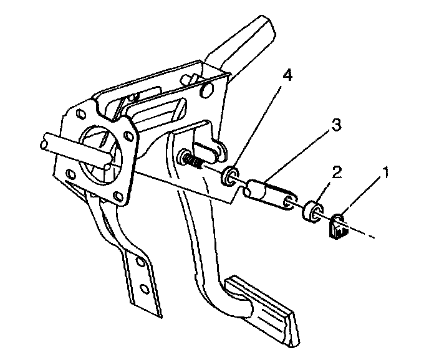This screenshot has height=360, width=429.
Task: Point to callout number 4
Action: tap(269, 77)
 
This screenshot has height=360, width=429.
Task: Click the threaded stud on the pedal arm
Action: tap(190, 159)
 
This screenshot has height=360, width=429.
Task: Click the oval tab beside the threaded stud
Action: tap(209, 149)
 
